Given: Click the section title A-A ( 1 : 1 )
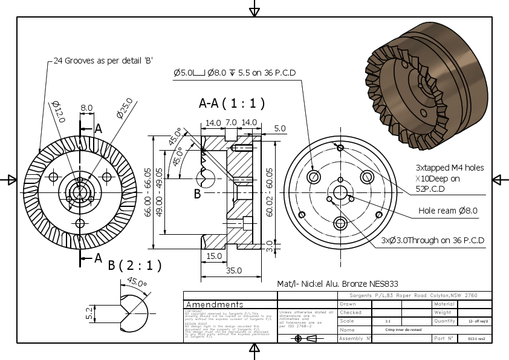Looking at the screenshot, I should [232, 103].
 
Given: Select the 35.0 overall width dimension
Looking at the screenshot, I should [233, 270].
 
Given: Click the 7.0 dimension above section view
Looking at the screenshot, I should [231, 123].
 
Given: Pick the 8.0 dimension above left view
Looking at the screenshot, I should [86, 108].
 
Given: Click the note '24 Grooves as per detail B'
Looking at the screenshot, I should [102, 61].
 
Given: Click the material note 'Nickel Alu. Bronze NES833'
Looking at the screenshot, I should [337, 283].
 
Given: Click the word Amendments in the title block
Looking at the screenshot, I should [215, 304].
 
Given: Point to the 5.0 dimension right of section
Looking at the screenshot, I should [279, 128].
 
